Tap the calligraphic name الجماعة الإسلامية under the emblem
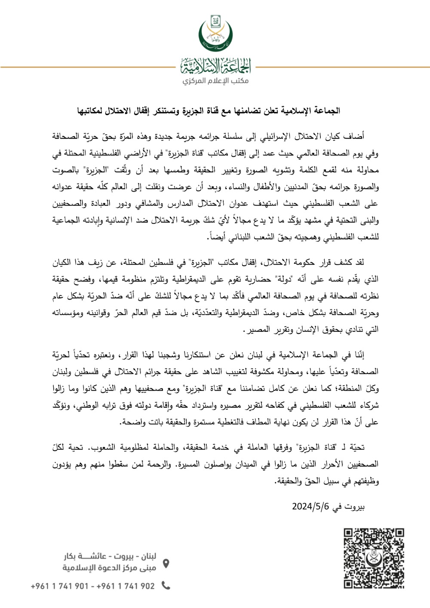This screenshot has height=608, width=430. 215,66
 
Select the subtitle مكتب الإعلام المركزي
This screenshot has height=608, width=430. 215,81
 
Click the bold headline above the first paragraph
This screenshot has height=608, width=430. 209,111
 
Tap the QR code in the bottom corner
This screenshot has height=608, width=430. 374,558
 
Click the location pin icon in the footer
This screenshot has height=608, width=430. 166,563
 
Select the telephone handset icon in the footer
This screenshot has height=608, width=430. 166,585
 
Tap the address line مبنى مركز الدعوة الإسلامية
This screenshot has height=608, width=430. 109,568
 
